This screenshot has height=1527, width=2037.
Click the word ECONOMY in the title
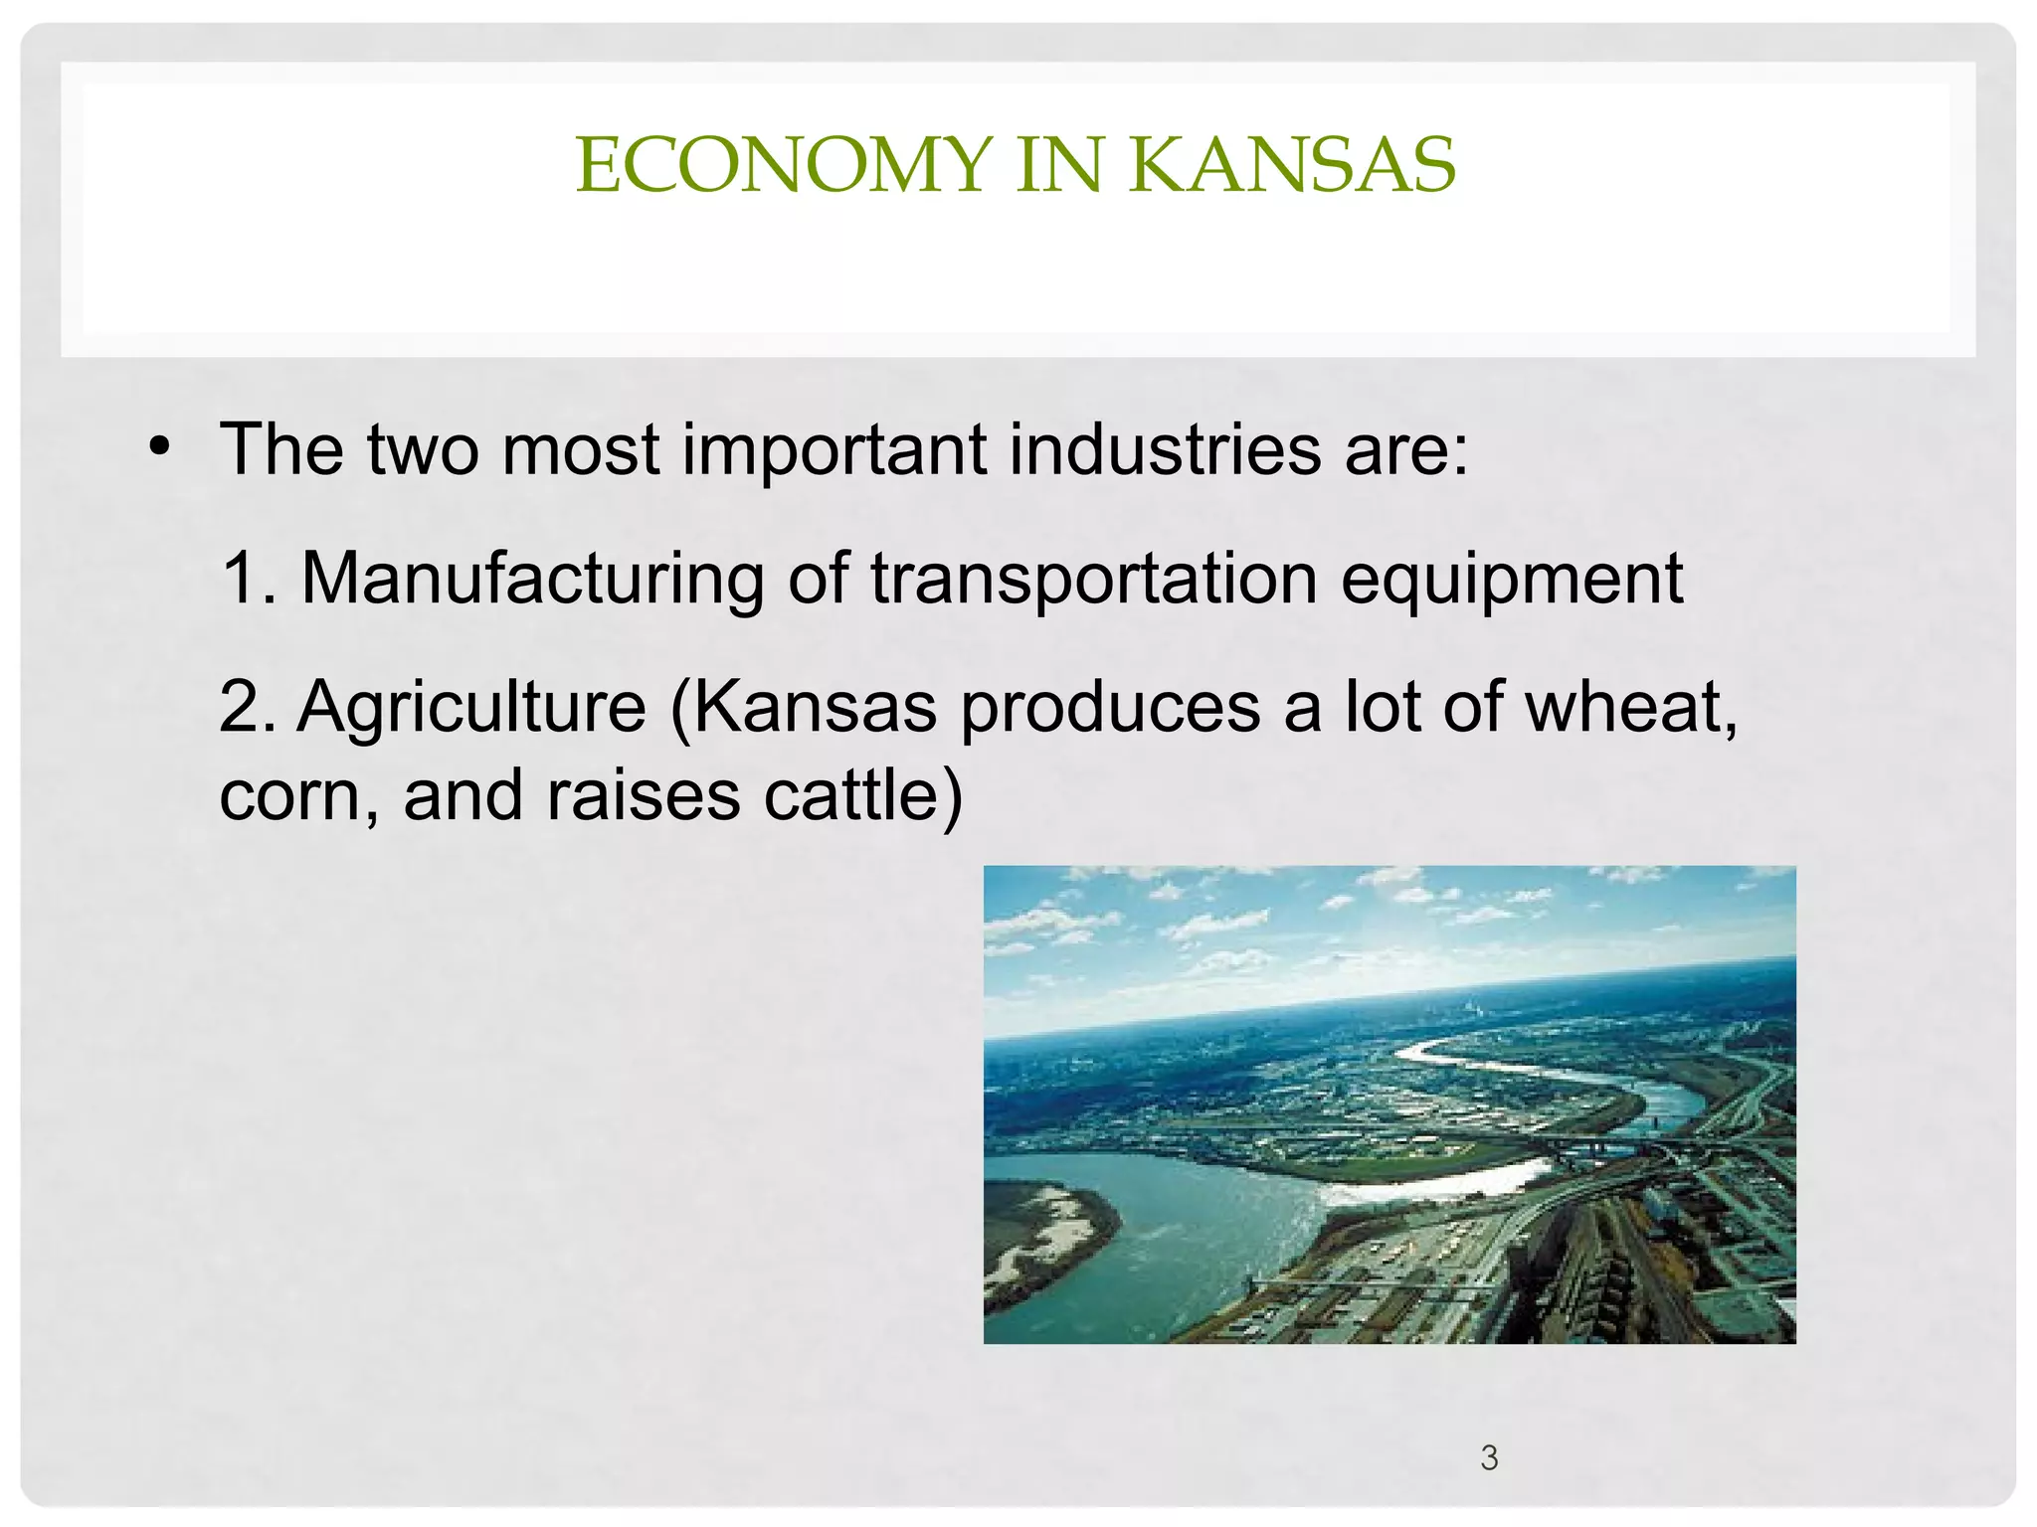point(784,165)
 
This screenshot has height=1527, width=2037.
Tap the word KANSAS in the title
point(1291,165)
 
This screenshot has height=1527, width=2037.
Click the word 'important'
point(833,449)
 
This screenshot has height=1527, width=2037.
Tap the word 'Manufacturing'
point(532,578)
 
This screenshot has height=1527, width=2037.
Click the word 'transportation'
point(1093,578)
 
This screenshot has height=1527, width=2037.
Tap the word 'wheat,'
point(1631,707)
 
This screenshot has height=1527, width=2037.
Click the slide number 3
point(1489,1457)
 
